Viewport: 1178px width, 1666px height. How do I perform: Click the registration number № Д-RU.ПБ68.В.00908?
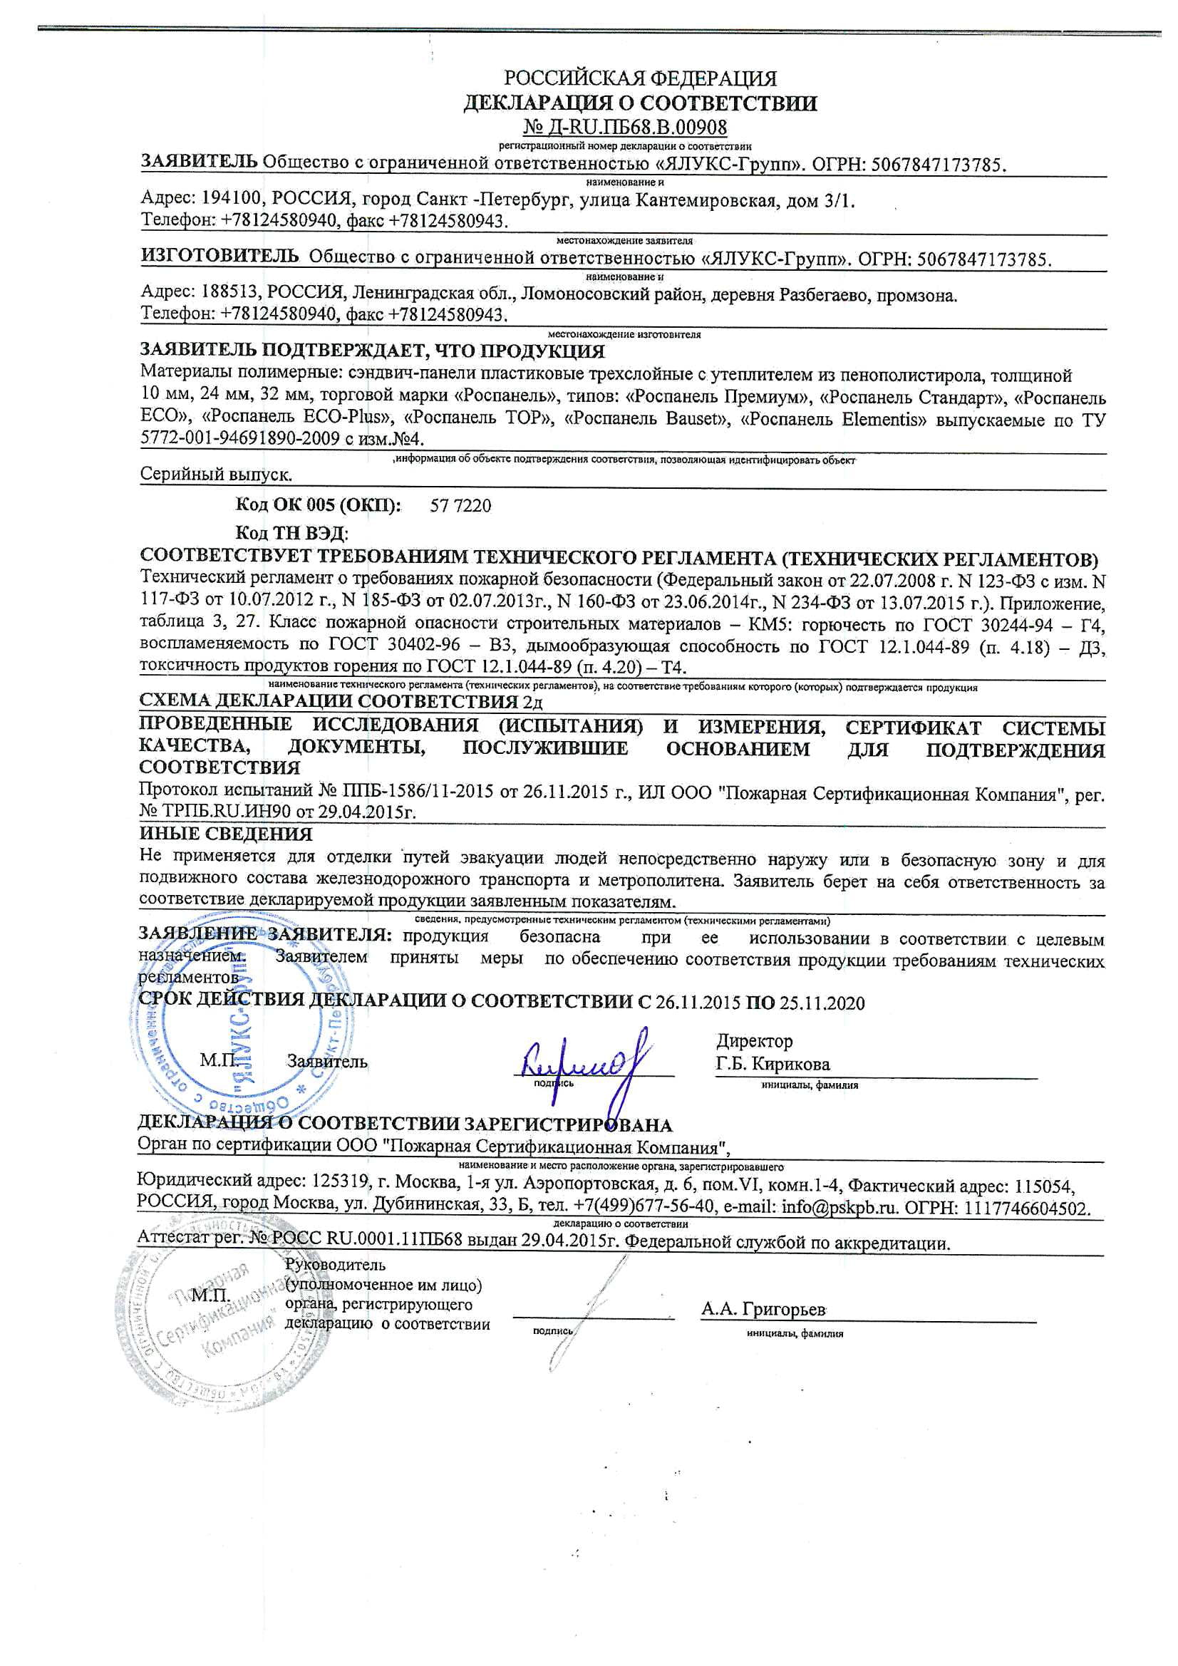(x=625, y=128)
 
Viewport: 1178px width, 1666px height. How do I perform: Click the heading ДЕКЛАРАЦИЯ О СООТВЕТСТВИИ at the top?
(x=640, y=103)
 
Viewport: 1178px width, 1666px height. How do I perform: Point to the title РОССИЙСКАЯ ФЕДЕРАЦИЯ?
(x=640, y=78)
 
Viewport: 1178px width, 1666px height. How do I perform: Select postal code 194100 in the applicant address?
(x=222, y=200)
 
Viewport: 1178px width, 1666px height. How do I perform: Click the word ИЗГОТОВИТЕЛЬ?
(x=219, y=256)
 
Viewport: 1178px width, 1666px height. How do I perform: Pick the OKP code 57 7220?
(x=460, y=506)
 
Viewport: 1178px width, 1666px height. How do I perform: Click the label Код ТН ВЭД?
(x=291, y=533)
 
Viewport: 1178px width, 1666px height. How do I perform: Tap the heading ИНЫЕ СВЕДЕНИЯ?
(x=226, y=834)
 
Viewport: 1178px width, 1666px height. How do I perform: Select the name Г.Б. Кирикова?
(x=773, y=1065)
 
